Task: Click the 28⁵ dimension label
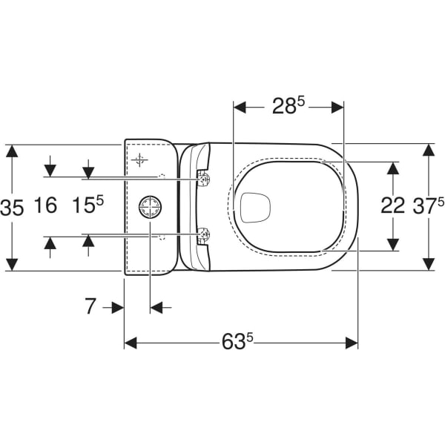coord(289,105)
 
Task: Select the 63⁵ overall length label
coord(237,341)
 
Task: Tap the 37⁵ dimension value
coord(429,205)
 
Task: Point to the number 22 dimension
coord(392,205)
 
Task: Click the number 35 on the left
coord(12,208)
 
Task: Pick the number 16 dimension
coord(45,205)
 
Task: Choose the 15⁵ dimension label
coord(88,205)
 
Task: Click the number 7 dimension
coord(90,306)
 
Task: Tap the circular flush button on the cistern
coord(150,207)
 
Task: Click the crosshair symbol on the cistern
coord(139,160)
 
